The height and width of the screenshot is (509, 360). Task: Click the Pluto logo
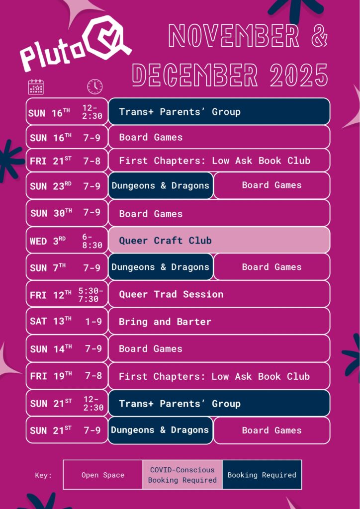(76, 44)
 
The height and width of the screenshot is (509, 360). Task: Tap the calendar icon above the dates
(36, 87)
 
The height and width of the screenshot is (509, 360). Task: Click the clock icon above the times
(95, 87)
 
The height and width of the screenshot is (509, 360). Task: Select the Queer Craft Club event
(219, 240)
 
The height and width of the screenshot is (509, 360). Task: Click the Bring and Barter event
(219, 322)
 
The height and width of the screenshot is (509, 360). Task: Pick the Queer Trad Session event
(219, 294)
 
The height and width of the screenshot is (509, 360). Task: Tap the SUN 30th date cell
(67, 213)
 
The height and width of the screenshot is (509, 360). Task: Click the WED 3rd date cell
(67, 240)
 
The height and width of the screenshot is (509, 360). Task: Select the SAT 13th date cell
(67, 322)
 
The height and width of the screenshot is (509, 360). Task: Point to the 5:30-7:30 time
(90, 295)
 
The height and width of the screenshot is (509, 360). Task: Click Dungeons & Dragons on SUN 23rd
(161, 185)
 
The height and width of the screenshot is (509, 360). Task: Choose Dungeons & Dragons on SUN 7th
(161, 267)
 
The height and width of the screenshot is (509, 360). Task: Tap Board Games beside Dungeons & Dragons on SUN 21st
(271, 430)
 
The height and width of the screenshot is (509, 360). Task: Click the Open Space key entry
(103, 475)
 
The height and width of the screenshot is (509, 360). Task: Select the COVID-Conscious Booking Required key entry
(182, 475)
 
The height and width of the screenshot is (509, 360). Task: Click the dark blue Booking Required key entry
(262, 475)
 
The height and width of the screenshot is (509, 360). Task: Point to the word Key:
(43, 476)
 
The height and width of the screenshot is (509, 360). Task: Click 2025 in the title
(299, 75)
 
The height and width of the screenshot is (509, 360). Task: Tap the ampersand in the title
(319, 36)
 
